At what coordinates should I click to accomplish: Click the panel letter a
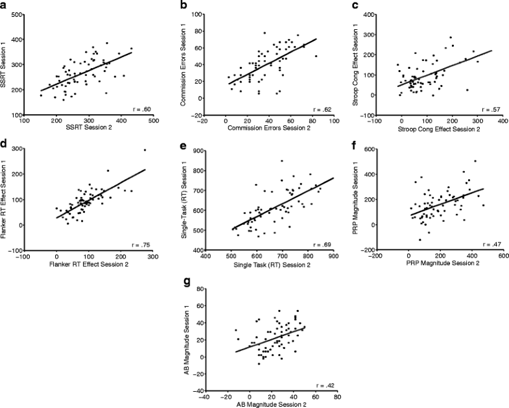tap(5, 6)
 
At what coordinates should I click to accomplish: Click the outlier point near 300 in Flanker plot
tap(145, 150)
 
